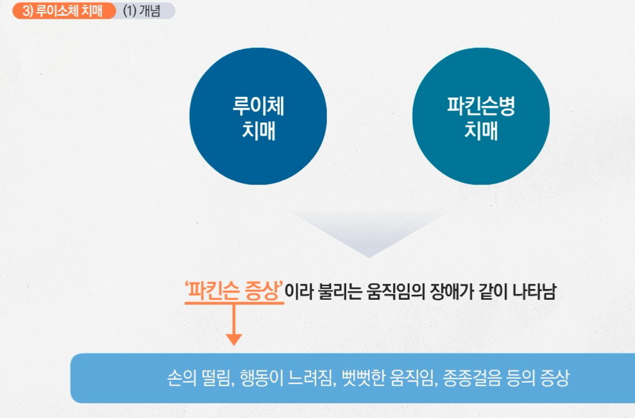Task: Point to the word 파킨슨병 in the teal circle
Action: (481, 107)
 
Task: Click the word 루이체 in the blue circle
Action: (258, 107)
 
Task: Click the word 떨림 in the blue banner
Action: (215, 379)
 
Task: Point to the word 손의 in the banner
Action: (178, 379)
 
